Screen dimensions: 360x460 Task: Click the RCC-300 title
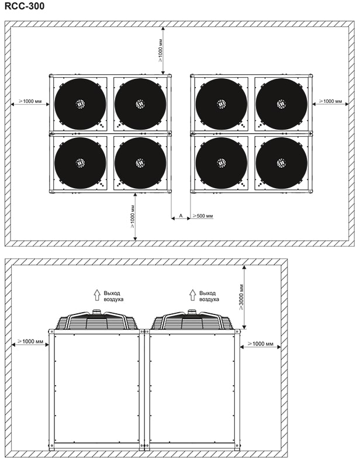click(25, 6)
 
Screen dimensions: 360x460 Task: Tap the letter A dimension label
click(181, 216)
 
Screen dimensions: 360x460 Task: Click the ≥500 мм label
click(202, 216)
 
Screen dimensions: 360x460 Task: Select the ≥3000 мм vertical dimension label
click(241, 297)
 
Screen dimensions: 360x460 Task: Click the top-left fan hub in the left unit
click(80, 104)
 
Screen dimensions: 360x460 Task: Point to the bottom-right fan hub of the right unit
click(281, 162)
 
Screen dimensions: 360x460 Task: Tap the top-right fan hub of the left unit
click(140, 104)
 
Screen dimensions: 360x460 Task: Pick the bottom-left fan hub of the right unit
click(221, 162)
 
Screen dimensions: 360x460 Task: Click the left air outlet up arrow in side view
click(97, 295)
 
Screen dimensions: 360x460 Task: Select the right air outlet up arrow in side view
click(192, 295)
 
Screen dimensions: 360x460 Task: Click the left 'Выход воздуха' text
click(113, 296)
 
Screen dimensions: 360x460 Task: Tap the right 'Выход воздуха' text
click(209, 296)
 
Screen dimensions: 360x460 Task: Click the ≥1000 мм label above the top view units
click(160, 50)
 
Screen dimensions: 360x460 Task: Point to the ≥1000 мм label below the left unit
click(132, 216)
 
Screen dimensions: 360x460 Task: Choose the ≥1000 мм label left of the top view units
click(30, 101)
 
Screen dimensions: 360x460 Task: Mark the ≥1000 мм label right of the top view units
click(331, 101)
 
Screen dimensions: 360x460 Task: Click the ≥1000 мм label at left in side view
click(30, 341)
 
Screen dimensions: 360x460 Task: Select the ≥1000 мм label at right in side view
click(261, 344)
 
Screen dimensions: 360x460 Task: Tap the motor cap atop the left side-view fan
click(96, 312)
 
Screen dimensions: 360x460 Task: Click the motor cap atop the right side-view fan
click(192, 312)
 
